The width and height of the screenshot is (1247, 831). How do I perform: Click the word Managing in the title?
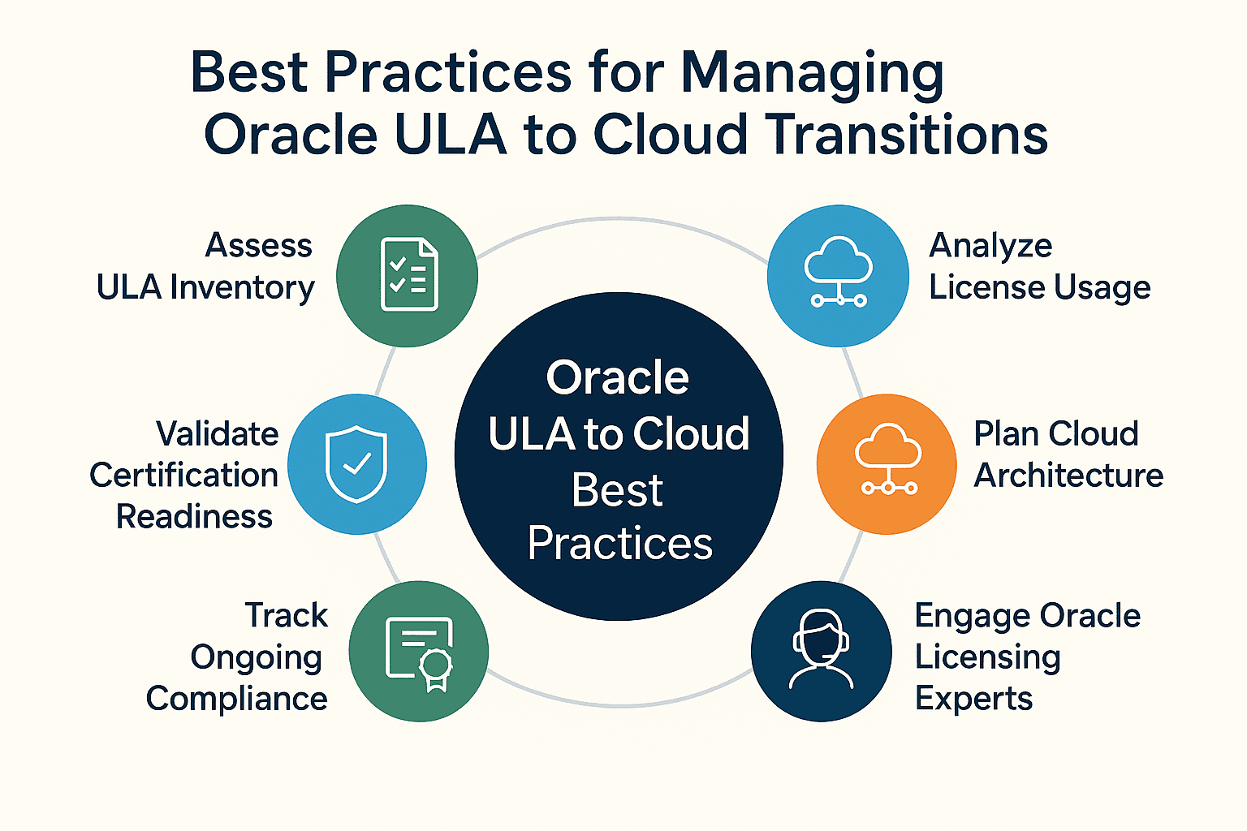(x=812, y=74)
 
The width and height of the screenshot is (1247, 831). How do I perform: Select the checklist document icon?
(x=409, y=273)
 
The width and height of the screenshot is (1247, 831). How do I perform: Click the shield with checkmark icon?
(x=356, y=464)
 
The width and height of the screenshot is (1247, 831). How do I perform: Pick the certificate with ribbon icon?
(x=419, y=653)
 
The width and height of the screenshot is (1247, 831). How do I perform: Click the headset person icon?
(x=821, y=649)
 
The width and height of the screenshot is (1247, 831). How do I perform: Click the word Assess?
(x=259, y=245)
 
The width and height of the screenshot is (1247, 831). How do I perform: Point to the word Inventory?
(x=242, y=288)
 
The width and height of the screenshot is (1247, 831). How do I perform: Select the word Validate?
(x=217, y=433)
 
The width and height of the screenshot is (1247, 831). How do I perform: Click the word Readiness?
(x=194, y=516)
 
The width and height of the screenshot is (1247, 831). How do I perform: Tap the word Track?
(x=287, y=616)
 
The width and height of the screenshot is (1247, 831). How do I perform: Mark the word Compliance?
(x=237, y=699)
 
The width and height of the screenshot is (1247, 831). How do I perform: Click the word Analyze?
(x=991, y=247)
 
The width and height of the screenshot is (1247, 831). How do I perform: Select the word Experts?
(x=973, y=700)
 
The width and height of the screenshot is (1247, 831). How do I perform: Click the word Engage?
(x=973, y=617)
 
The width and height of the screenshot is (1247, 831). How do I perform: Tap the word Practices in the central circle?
(x=620, y=543)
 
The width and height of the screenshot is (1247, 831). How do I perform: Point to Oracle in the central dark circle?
(x=617, y=377)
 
